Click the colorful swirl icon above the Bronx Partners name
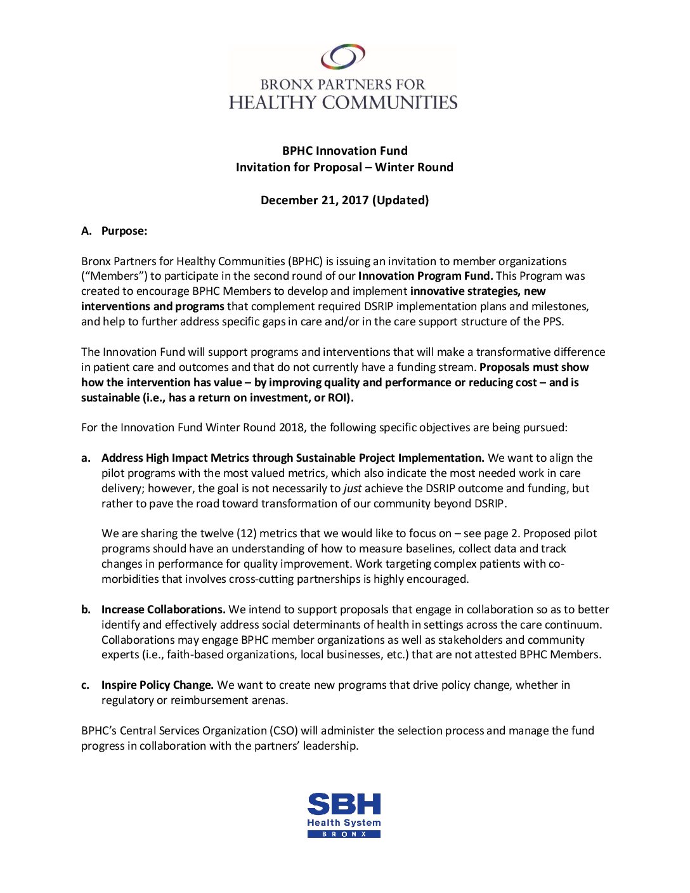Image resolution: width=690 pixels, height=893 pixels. click(343, 56)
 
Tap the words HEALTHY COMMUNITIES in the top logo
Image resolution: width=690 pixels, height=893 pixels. click(343, 103)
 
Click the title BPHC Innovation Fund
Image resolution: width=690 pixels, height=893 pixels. click(344, 151)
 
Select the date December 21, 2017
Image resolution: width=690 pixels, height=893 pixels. click(315, 200)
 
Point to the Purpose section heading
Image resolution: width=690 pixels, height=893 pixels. click(124, 231)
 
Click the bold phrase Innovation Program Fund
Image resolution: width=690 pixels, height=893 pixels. click(425, 276)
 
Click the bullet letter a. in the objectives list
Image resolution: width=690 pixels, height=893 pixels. click(86, 458)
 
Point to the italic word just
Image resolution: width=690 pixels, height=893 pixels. click(353, 488)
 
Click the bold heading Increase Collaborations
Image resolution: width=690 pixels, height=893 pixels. click(163, 609)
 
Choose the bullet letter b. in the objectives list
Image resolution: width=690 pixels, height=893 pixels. click(86, 609)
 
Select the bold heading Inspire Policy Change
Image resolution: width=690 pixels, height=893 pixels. click(157, 685)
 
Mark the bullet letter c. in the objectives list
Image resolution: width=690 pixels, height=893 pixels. click(86, 685)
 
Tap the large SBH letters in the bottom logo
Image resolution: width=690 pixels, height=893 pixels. click(344, 804)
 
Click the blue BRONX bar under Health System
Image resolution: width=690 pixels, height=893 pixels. click(344, 834)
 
